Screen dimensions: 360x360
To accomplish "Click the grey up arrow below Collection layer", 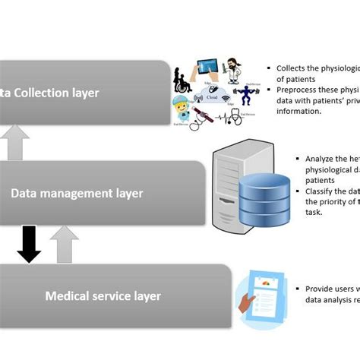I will click(18, 142).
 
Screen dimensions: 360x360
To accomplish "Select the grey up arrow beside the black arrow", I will click(65, 245).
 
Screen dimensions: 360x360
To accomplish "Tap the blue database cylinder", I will click(264, 201).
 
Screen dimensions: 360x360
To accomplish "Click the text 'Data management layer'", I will click(77, 193).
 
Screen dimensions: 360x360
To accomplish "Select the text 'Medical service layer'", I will click(103, 295).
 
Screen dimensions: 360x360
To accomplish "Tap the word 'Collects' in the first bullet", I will click(291, 68).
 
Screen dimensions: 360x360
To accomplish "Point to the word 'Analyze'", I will click(320, 159).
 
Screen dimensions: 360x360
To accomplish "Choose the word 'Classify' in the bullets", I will click(320, 191).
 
